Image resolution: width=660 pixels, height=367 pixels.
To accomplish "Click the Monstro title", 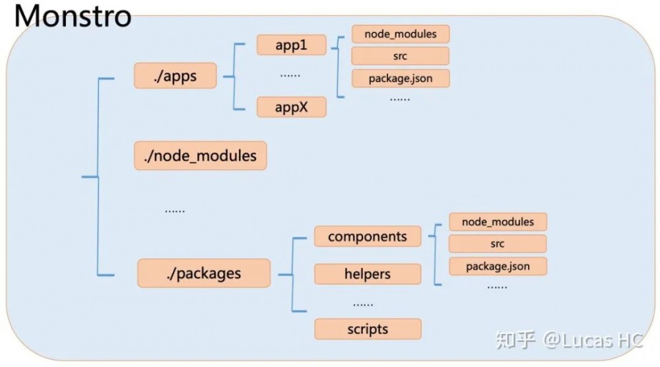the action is pyautogui.click(x=73, y=16).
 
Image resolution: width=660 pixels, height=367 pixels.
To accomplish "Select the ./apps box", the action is pyautogui.click(x=175, y=76).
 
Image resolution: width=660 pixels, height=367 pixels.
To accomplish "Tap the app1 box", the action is pyautogui.click(x=291, y=45).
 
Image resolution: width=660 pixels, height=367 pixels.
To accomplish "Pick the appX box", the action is pyautogui.click(x=291, y=107).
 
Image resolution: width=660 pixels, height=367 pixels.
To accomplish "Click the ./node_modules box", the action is pyautogui.click(x=201, y=156).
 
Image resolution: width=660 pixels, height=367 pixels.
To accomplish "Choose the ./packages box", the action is pyautogui.click(x=204, y=273).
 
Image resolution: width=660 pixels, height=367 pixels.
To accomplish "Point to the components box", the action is pyautogui.click(x=368, y=236).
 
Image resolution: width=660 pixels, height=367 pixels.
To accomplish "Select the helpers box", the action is pyautogui.click(x=368, y=274).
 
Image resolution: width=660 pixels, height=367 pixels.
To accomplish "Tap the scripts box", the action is pyautogui.click(x=368, y=329).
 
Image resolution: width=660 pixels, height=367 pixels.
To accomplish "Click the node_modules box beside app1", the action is pyautogui.click(x=401, y=34).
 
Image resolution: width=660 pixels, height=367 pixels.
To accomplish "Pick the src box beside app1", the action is pyautogui.click(x=401, y=56).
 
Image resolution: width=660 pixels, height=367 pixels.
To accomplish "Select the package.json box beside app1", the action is pyautogui.click(x=401, y=79).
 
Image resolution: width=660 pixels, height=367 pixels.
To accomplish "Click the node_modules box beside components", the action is pyautogui.click(x=498, y=222).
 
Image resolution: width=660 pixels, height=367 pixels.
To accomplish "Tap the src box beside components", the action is pyautogui.click(x=498, y=244).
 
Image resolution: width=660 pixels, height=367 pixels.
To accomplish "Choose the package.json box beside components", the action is pyautogui.click(x=498, y=267).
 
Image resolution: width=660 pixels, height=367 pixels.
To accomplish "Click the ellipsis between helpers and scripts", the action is pyautogui.click(x=363, y=304).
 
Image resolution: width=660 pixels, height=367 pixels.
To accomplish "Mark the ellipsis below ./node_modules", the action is pyautogui.click(x=175, y=211).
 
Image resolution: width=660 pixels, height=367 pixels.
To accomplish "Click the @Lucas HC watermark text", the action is pyautogui.click(x=593, y=340).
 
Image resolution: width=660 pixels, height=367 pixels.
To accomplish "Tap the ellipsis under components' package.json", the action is pyautogui.click(x=497, y=287).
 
